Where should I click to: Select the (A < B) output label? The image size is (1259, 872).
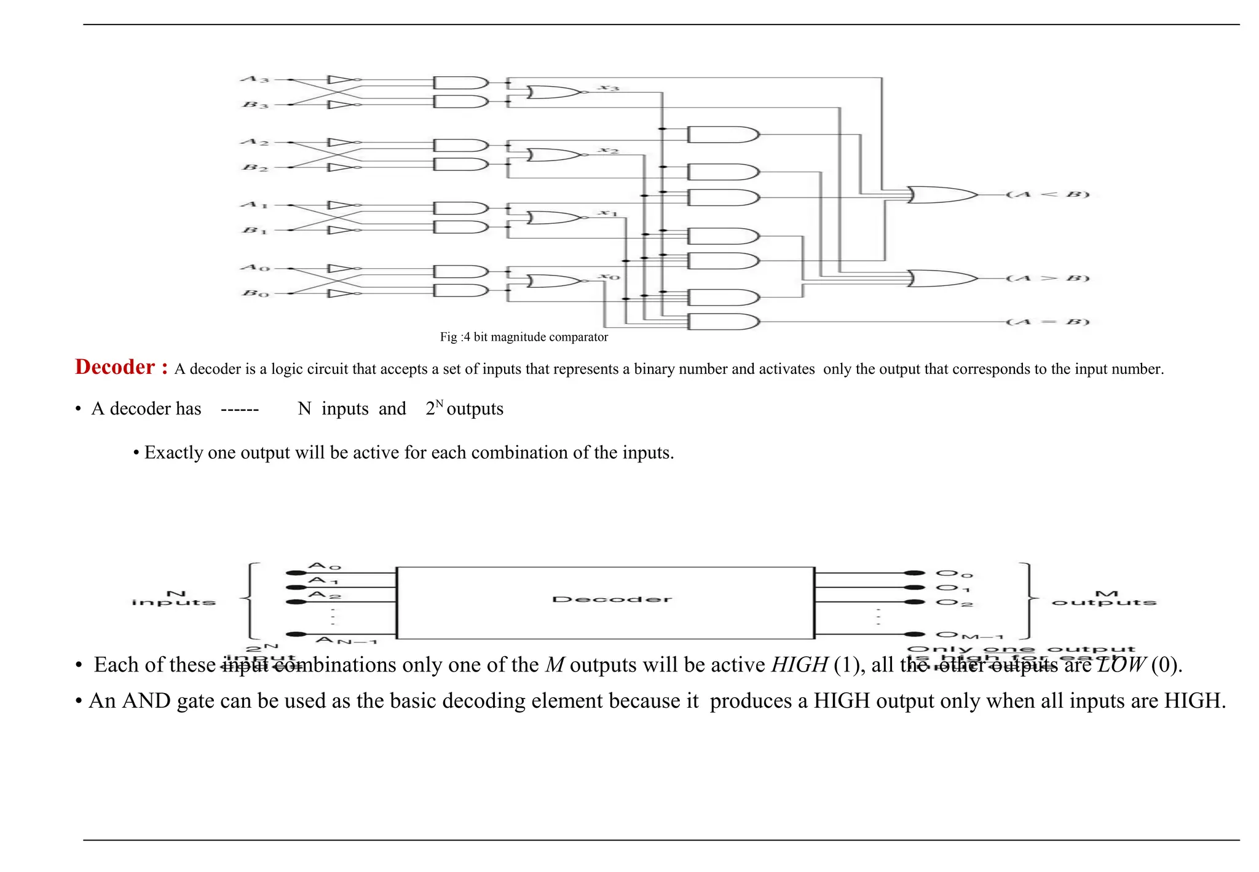tap(1048, 195)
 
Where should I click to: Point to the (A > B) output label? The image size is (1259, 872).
tap(1048, 279)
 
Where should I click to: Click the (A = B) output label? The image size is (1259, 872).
tap(1048, 322)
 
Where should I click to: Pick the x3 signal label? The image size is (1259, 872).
tap(609, 88)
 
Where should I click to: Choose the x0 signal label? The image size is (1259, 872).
tap(610, 277)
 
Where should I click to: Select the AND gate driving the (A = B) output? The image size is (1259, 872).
tap(723, 322)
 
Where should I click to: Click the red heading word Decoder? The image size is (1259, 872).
tap(115, 367)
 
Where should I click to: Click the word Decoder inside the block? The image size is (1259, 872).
tap(612, 600)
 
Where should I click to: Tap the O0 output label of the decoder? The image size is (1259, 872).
tap(954, 574)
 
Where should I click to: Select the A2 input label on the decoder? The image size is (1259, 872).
tap(325, 595)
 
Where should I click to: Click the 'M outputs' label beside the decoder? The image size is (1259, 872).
tap(1104, 598)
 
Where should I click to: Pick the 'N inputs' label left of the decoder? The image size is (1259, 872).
tap(174, 598)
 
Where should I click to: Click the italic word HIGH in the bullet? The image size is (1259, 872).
tap(799, 665)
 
